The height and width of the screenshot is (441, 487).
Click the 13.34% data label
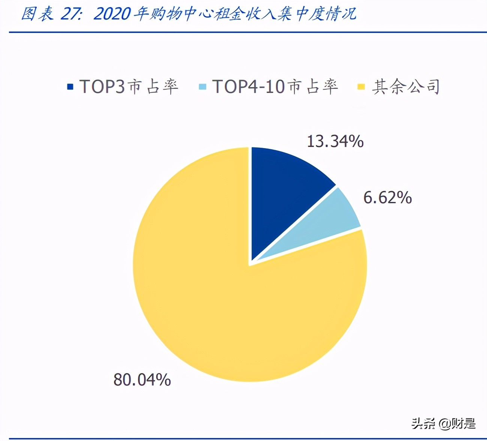point(335,141)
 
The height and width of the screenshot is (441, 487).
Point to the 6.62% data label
point(387,198)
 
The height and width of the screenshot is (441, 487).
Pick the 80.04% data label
point(142,379)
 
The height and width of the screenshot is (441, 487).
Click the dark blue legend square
point(70,87)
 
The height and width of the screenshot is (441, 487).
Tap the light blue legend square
point(202,87)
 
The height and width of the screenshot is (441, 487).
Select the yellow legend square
point(361,87)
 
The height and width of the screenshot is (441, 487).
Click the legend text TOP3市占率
point(128,87)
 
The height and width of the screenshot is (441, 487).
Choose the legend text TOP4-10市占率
point(275,87)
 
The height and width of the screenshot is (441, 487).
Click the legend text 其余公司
point(406,87)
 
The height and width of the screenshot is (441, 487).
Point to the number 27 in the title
point(69,14)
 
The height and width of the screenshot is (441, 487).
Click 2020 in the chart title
point(112,14)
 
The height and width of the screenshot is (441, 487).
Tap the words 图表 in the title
point(37,14)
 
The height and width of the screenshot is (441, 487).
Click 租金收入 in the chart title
point(245,14)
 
